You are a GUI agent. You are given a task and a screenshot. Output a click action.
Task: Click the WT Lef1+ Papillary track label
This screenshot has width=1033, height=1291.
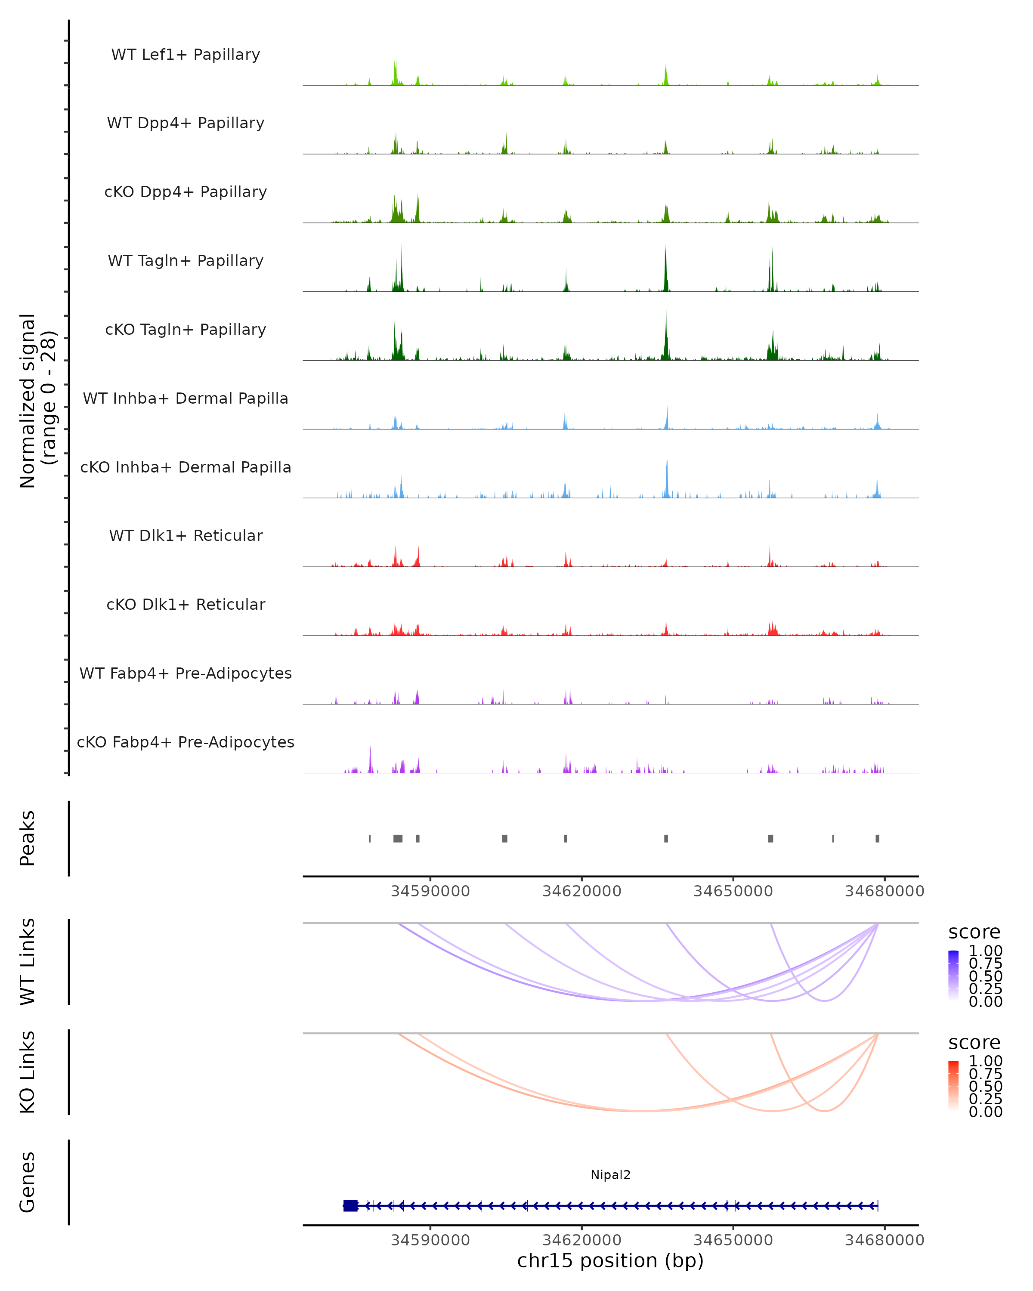click(x=186, y=55)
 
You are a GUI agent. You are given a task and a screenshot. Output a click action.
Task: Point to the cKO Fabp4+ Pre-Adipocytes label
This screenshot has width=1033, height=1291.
click(x=186, y=742)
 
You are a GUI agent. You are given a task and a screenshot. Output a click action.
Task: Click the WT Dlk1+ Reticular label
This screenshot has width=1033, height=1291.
click(x=186, y=535)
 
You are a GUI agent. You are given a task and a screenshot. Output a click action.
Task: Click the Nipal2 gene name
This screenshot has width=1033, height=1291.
click(x=610, y=1175)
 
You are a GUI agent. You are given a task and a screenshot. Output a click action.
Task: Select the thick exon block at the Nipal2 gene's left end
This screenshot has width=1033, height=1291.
click(x=350, y=1205)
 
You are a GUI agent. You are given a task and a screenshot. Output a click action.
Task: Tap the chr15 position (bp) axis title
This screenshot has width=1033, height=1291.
click(x=610, y=1260)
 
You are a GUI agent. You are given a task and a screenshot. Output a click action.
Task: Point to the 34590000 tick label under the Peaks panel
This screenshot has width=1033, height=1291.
click(x=430, y=891)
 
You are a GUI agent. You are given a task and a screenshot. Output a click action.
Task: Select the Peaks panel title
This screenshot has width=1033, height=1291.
click(x=28, y=838)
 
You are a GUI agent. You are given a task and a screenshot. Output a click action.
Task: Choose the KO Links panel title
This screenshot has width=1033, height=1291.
click(x=28, y=1072)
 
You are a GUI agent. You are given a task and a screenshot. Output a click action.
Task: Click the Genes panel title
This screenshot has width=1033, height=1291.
click(x=28, y=1182)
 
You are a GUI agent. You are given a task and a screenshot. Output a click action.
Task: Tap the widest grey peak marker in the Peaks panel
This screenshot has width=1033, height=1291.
click(x=398, y=838)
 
